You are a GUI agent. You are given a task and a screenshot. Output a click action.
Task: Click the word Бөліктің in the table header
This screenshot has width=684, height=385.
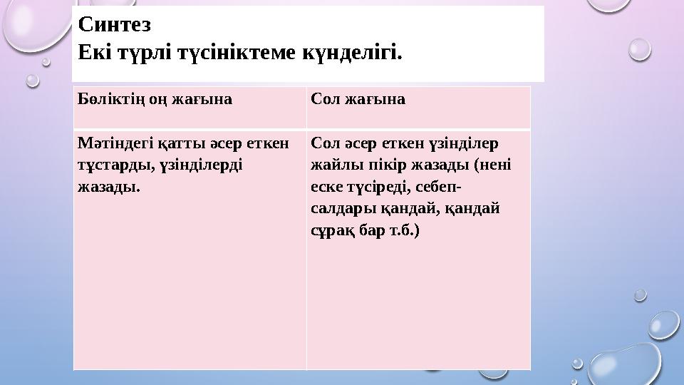pyautogui.click(x=108, y=100)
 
